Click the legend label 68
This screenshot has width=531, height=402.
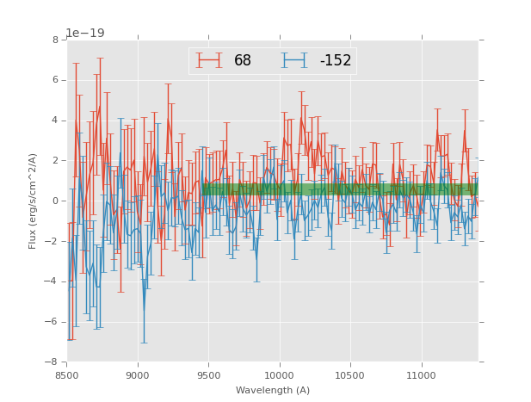(242, 60)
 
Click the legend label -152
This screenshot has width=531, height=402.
(336, 60)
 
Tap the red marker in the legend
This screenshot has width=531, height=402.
(209, 60)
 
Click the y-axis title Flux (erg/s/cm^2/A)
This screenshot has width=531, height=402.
(33, 201)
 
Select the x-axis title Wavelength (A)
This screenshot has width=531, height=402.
(273, 390)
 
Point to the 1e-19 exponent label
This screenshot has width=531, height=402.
(84, 34)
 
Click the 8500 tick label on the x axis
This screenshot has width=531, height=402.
(67, 374)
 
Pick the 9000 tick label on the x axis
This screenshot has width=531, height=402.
(138, 374)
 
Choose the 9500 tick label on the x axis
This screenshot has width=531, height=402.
(208, 374)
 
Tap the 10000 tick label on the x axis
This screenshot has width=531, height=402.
(280, 374)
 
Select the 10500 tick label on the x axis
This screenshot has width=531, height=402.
(350, 374)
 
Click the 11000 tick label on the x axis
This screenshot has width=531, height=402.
(422, 374)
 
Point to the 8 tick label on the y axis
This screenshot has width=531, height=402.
(55, 40)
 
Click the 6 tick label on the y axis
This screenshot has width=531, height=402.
(55, 80)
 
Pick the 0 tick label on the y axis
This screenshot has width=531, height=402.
(55, 201)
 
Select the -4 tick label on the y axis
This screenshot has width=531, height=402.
(52, 281)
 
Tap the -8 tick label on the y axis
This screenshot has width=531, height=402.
(52, 362)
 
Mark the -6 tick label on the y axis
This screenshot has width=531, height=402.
(52, 322)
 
